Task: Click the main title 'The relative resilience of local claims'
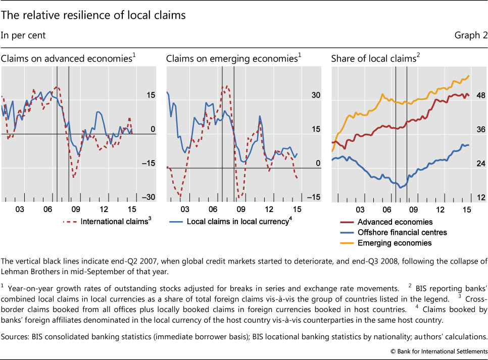[x=94, y=15]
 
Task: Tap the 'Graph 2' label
[x=472, y=35]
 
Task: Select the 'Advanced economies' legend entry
[x=395, y=222]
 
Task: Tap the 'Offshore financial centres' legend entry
[x=402, y=232]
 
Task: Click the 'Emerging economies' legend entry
[x=394, y=243]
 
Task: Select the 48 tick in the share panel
[x=480, y=95]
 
